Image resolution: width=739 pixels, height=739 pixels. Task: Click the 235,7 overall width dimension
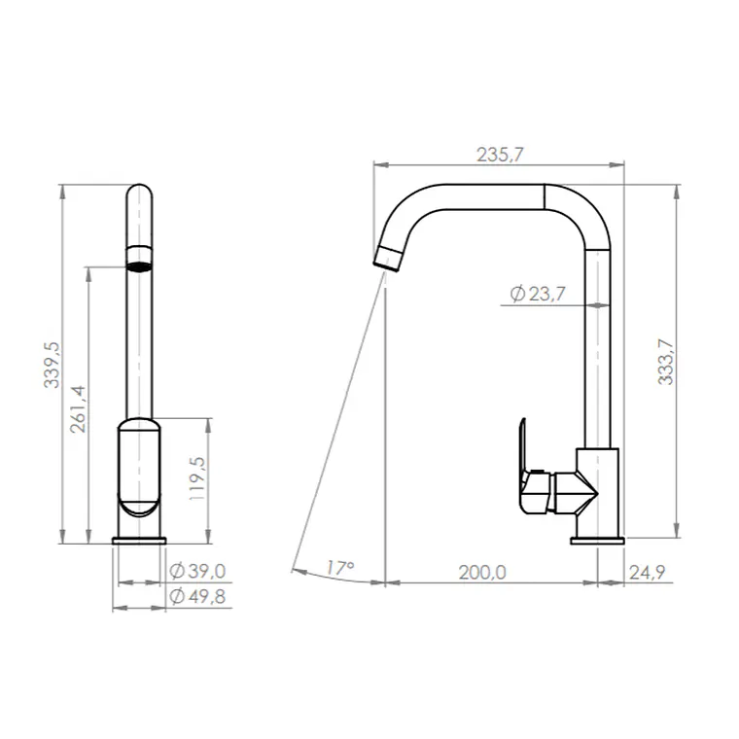click(x=500, y=155)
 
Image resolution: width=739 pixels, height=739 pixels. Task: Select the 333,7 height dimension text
click(x=665, y=362)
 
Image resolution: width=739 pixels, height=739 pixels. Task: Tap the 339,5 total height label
click(x=52, y=365)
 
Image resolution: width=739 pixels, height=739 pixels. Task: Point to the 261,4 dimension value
click(x=78, y=409)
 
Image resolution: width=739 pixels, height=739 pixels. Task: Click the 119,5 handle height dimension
click(x=197, y=478)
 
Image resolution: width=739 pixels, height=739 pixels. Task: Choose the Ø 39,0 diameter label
click(x=198, y=571)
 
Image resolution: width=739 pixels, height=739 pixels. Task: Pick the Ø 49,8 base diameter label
click(x=198, y=597)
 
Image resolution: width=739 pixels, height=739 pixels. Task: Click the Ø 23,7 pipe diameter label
click(x=538, y=294)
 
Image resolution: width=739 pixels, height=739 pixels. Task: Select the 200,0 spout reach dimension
click(x=482, y=572)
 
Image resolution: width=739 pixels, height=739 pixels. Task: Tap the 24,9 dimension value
click(x=647, y=572)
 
